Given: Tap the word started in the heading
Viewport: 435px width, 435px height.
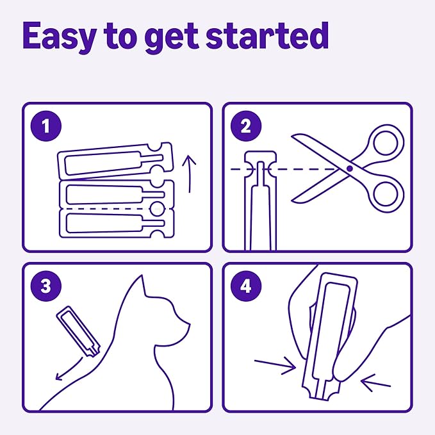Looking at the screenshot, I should (267, 37).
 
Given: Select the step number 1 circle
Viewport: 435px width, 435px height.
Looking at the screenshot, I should (44, 126).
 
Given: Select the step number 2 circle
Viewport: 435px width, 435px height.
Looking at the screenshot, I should (245, 126).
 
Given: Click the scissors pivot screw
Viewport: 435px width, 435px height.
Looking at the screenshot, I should (350, 168).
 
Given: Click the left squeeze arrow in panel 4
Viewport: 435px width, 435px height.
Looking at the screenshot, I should (274, 365).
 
